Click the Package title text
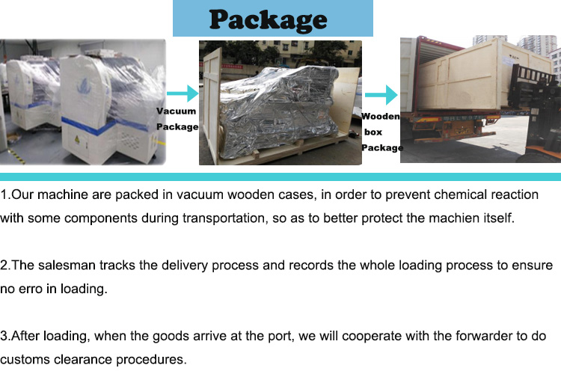(x=269, y=19)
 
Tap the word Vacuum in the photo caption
(x=176, y=111)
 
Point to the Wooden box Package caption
(x=381, y=132)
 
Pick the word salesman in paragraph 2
(x=63, y=266)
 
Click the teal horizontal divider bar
(x=280, y=177)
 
